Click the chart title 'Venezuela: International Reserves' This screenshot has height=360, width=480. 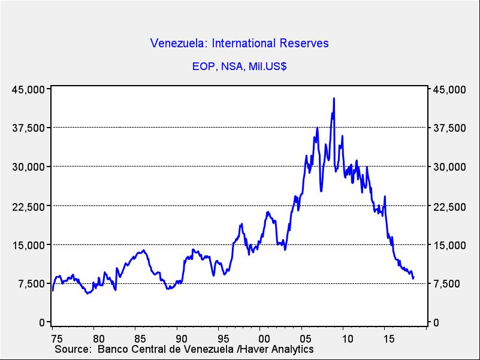click(x=240, y=43)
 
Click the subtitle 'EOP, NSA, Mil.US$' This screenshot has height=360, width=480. click(x=240, y=66)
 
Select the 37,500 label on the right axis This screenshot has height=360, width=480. click(x=449, y=128)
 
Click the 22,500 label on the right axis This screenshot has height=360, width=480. click(x=449, y=207)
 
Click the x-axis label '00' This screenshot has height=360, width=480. click(x=261, y=338)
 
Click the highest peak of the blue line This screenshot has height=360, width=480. click(x=334, y=98)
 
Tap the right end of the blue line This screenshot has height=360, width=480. click(x=413, y=278)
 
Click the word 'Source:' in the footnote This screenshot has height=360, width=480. click(x=73, y=349)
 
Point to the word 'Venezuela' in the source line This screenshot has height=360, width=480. click(x=215, y=349)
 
